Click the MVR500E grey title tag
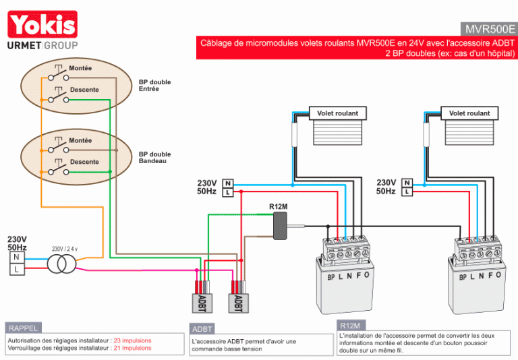coord(489,29)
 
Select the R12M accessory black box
coord(280,226)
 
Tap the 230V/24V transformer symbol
coord(62,264)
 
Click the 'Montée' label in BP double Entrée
coord(80,68)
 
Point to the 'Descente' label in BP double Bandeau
coord(84,162)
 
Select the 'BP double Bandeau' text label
coord(154,158)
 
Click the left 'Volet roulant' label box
coord(338,113)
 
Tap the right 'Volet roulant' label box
coord(469,113)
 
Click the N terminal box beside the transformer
coord(16,258)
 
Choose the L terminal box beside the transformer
coord(16,269)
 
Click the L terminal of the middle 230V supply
coord(227,192)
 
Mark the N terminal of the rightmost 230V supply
coord(407,183)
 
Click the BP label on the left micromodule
coord(331,278)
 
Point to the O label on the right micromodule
coord(498,275)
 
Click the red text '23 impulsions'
coord(132,340)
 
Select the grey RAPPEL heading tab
coord(23,328)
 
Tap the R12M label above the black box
coord(278,207)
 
